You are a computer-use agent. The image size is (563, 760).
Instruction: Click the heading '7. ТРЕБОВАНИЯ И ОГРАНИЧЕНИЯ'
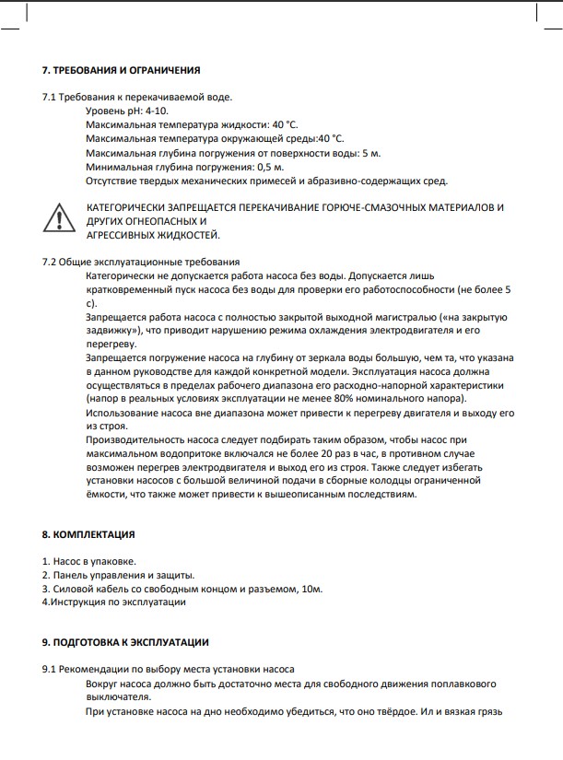pos(121,71)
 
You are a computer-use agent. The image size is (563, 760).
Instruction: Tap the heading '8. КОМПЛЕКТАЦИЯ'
pos(88,534)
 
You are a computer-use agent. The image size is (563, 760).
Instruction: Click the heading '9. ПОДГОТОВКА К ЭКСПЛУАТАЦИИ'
pos(125,642)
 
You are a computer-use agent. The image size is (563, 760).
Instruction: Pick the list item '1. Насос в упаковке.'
pos(88,561)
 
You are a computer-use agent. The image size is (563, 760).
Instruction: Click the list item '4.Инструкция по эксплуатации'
pos(114,602)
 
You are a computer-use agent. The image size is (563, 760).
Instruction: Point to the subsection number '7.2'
pos(50,263)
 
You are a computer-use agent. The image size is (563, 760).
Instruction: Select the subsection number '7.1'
pos(50,97)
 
